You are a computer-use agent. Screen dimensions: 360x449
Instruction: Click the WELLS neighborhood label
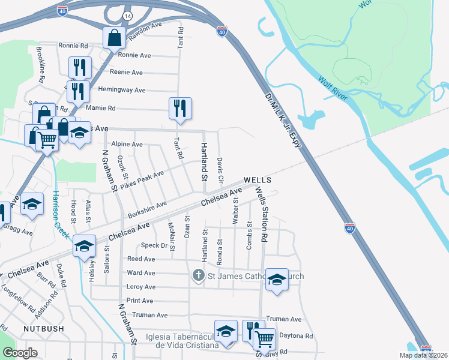click(x=258, y=180)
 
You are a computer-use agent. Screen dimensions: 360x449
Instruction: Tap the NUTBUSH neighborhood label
click(x=43, y=329)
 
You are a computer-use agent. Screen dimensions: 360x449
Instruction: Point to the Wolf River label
click(x=333, y=87)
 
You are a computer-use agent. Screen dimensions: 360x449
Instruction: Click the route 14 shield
click(x=127, y=15)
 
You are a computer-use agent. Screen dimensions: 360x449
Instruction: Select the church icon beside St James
click(x=199, y=276)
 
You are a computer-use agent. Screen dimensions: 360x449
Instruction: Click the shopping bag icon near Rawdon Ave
click(x=113, y=38)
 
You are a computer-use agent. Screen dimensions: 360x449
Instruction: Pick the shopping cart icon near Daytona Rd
click(x=264, y=340)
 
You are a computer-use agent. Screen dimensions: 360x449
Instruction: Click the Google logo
click(x=20, y=353)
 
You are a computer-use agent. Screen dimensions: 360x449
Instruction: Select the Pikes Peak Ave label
click(x=142, y=178)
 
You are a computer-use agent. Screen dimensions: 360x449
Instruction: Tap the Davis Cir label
click(x=220, y=171)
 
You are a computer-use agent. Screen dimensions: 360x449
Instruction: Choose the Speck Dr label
click(x=154, y=245)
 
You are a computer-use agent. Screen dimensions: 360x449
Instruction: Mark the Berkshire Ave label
click(x=147, y=210)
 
